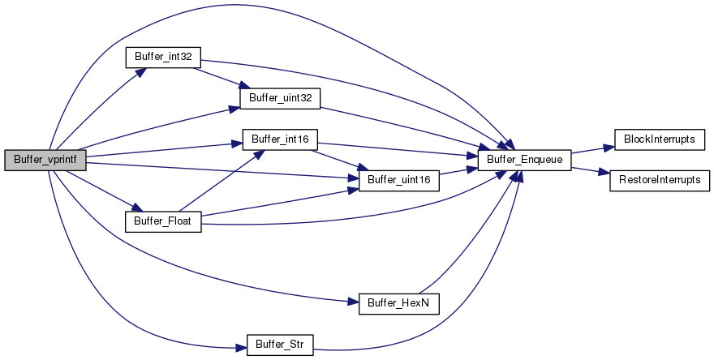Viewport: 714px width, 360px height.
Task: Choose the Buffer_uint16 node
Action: click(400, 178)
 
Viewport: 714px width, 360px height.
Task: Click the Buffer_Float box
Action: click(162, 220)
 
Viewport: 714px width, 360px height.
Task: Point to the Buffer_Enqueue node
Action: click(525, 159)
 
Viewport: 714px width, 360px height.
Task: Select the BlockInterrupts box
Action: click(659, 139)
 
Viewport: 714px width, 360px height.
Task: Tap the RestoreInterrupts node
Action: click(659, 178)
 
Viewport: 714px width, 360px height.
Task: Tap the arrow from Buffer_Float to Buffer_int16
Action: click(219, 180)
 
